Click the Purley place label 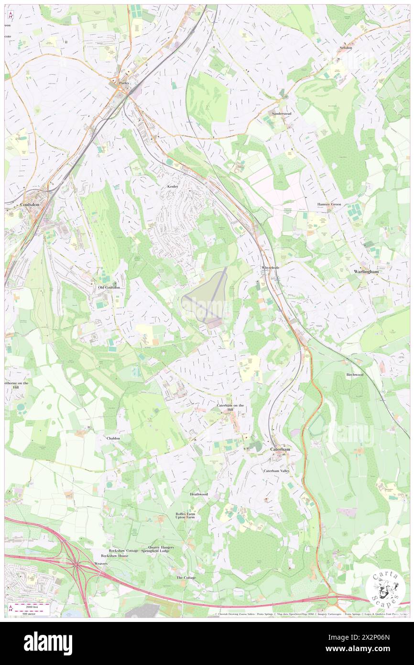124,83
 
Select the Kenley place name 173,186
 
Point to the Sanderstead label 281,113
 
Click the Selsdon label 346,48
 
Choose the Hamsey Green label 329,204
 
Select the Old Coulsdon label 109,287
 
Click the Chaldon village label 113,438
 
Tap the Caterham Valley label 277,471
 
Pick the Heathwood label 199,494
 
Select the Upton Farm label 185,518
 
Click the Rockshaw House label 115,555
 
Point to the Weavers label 101,564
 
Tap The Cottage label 186,577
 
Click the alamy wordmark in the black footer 48,643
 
